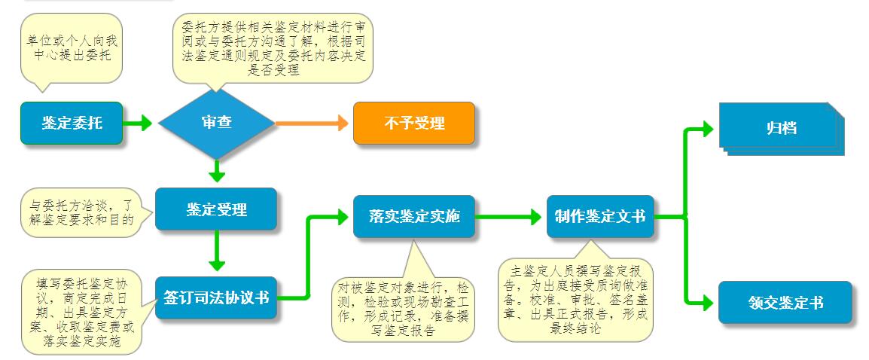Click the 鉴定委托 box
pos(72,123)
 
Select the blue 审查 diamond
pos(217,123)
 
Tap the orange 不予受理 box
pos(414,123)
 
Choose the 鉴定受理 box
pos(215,209)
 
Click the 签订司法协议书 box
pos(215,297)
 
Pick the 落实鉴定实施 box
pos(414,216)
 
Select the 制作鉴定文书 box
pos(600,216)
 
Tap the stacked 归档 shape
pos(782,129)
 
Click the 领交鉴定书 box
pos(785,302)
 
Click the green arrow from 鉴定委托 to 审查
pos(137,123)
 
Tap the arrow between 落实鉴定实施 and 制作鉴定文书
pos(508,216)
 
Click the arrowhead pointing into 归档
pos(707,129)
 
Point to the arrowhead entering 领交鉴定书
pos(707,302)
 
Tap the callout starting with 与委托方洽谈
pos(87,213)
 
